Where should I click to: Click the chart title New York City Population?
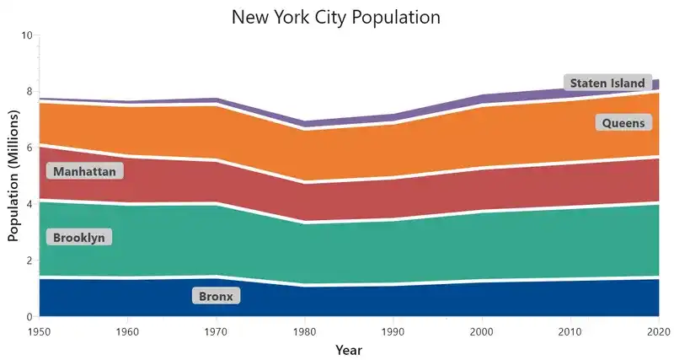tap(336, 17)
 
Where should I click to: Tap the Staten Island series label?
tap(607, 83)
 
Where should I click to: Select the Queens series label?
tap(623, 123)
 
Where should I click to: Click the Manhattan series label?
tap(84, 171)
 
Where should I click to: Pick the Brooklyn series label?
tap(79, 238)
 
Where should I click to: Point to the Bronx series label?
tap(217, 296)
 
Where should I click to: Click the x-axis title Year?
tap(348, 349)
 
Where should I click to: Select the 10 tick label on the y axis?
tap(26, 35)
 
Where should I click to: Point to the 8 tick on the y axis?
tap(29, 92)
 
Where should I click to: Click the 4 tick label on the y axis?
tap(29, 204)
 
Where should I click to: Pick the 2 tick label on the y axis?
tap(29, 261)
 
